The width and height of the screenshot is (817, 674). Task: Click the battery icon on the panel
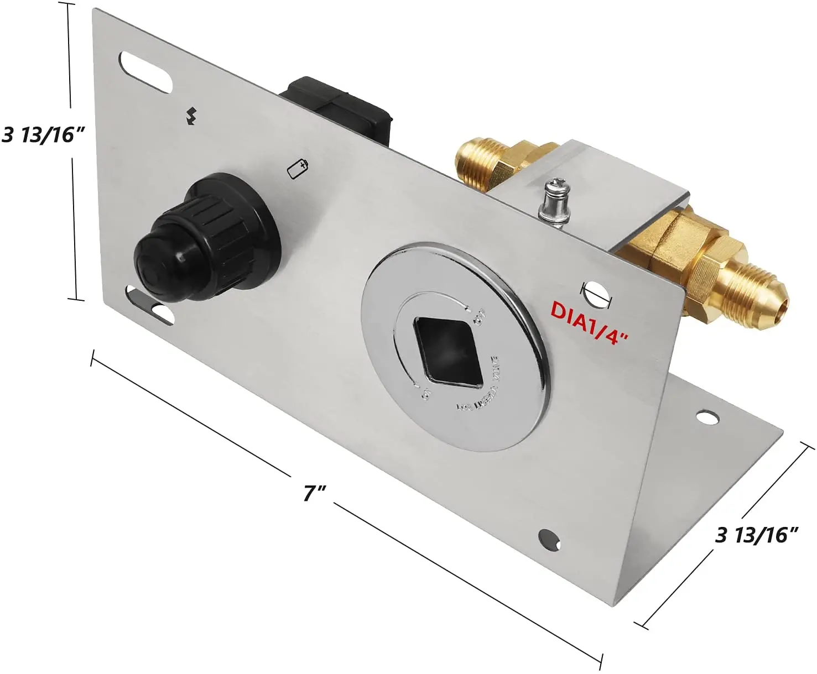298,169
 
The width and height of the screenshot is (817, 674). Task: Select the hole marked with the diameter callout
595,293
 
